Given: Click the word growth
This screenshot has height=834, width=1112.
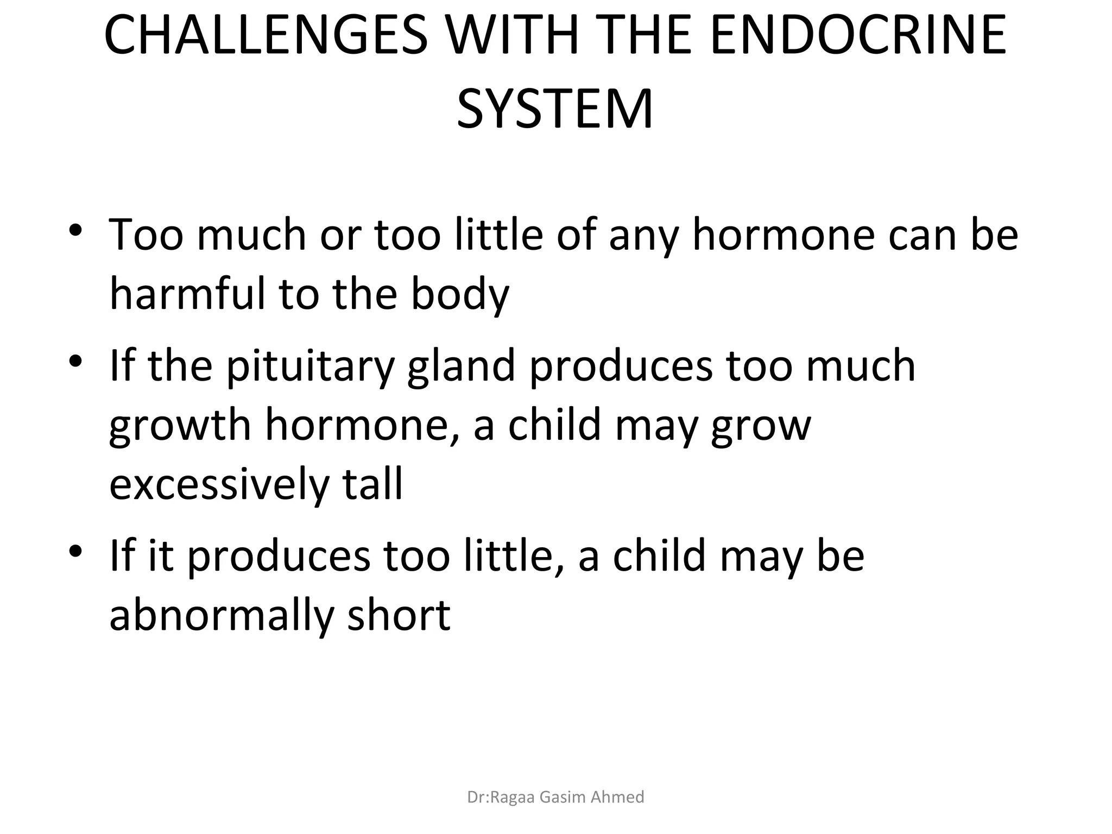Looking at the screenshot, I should pos(180,427).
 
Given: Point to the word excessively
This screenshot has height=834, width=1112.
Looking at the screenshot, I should pos(219,485).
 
